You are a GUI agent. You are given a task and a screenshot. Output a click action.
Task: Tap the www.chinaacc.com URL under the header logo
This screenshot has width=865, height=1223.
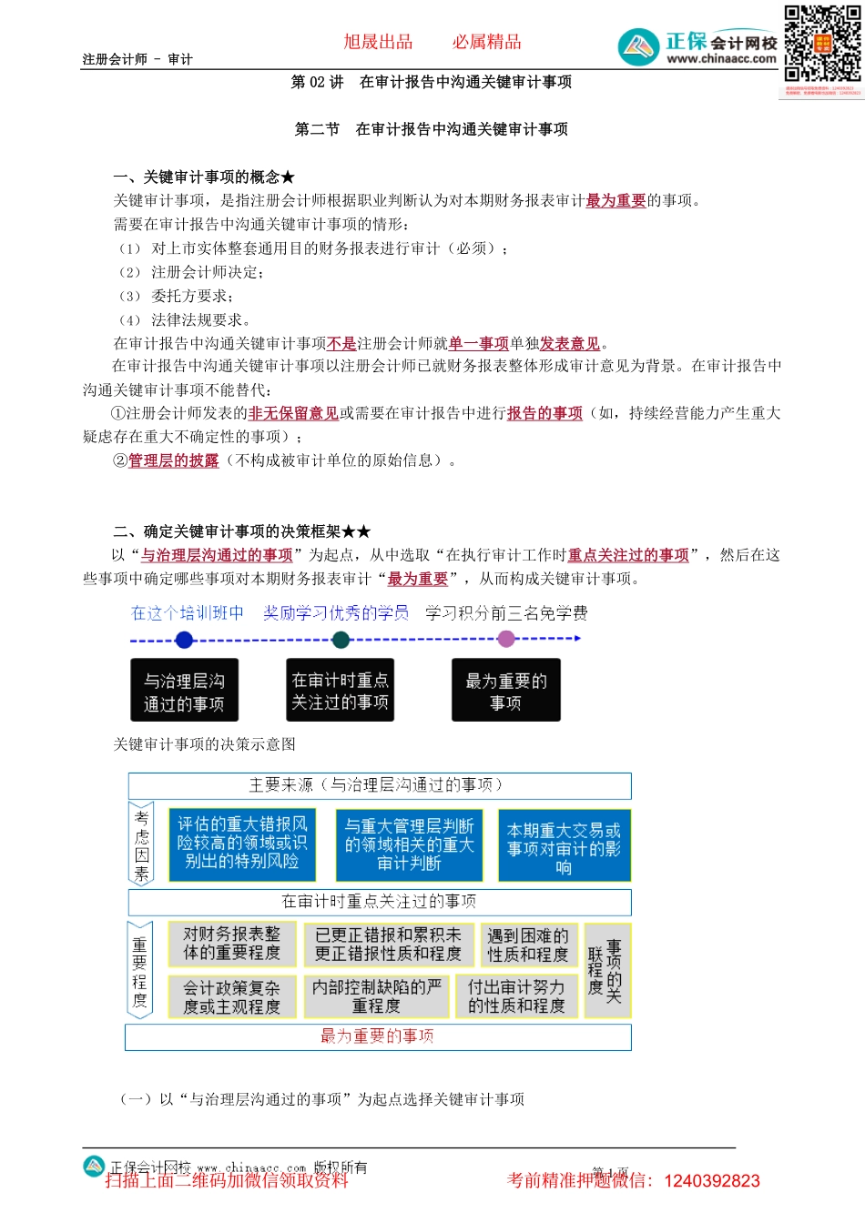(721, 59)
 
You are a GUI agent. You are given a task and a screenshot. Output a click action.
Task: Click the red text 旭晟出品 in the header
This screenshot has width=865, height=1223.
(378, 42)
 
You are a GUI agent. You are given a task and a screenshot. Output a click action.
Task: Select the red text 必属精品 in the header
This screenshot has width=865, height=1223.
(487, 42)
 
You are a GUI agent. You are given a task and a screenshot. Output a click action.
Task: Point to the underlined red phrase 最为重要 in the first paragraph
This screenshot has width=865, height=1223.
(616, 201)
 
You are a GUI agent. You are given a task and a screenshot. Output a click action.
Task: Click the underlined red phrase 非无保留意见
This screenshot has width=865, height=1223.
(293, 413)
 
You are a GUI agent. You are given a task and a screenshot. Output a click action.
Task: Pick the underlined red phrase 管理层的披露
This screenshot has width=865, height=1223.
(174, 460)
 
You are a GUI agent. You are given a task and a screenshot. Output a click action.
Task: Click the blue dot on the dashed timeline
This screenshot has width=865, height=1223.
(185, 640)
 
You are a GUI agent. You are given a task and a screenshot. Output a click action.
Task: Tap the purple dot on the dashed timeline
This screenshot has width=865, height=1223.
(507, 639)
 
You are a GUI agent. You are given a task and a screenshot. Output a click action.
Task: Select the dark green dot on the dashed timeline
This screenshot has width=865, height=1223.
(341, 640)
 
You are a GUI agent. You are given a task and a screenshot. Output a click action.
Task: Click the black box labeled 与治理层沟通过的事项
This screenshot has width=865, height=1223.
(185, 692)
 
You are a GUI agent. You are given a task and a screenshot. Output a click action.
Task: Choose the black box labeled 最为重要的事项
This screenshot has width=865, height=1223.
(506, 692)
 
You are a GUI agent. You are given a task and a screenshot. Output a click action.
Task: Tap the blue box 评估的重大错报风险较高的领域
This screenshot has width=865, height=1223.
(242, 844)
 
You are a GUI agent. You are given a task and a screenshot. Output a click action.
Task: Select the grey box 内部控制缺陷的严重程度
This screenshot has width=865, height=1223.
(376, 996)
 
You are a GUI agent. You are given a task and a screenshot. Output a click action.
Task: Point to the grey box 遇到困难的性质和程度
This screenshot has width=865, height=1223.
(527, 945)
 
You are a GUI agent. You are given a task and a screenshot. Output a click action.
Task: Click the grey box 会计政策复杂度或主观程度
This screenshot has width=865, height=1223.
(231, 996)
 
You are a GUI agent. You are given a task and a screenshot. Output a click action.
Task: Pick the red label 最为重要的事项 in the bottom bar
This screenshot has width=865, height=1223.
(377, 1036)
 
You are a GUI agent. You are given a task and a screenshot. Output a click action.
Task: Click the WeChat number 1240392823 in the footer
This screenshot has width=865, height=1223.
(712, 1181)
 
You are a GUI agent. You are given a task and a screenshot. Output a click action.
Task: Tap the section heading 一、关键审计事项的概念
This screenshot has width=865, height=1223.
(204, 177)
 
